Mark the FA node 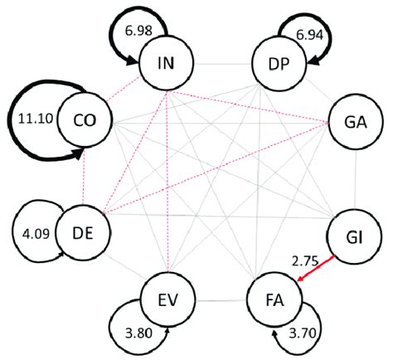click(x=277, y=298)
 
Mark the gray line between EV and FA click(x=221, y=298)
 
